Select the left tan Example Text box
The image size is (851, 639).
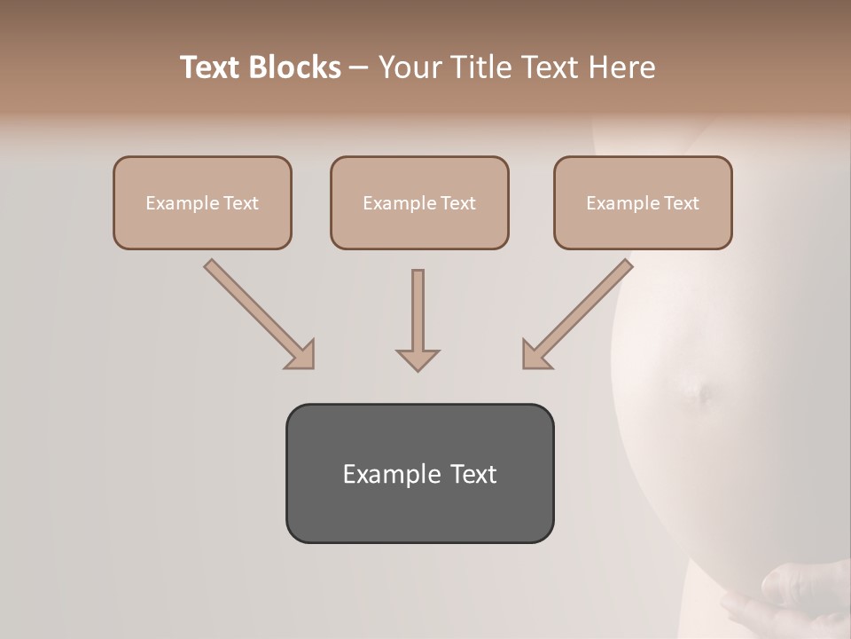[x=202, y=202]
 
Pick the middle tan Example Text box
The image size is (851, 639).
[x=419, y=202]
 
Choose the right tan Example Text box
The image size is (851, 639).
[x=643, y=202]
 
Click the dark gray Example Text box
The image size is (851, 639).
[x=419, y=473]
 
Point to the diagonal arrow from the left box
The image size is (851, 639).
[x=257, y=312]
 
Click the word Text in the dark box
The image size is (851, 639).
[x=473, y=474]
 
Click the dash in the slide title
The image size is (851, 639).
[x=359, y=67]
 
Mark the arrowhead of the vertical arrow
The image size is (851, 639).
[x=418, y=359]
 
